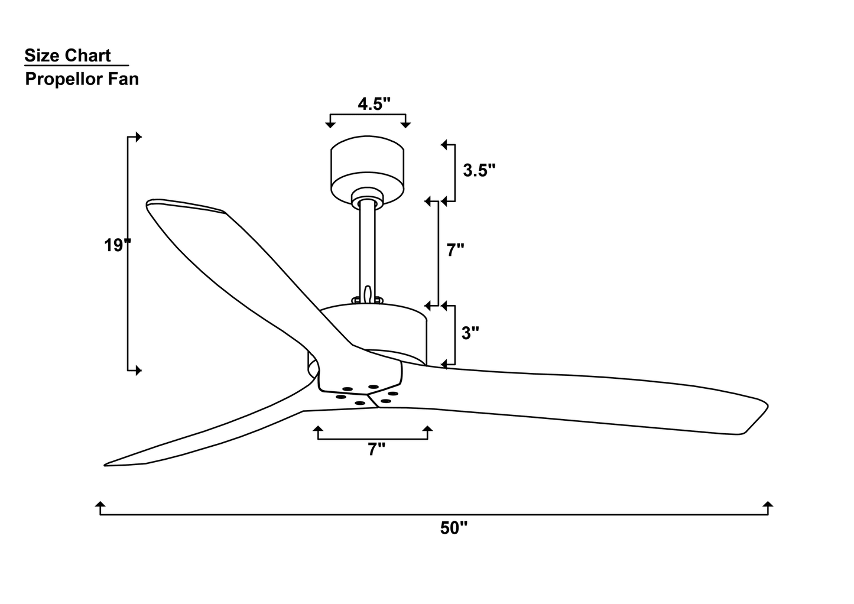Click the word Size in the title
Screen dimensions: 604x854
pos(42,56)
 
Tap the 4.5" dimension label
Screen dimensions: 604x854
pos(374,104)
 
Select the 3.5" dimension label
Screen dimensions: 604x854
pos(479,171)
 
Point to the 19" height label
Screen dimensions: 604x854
pos(117,246)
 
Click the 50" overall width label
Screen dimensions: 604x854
pos(453,529)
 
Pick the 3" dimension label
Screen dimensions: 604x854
pos(470,333)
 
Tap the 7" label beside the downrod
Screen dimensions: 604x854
pos(455,251)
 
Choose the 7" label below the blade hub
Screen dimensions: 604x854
pos(376,450)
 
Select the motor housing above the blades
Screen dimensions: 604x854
pos(378,331)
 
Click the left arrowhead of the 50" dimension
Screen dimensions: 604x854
pos(100,505)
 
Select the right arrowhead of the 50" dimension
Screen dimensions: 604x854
pos(768,505)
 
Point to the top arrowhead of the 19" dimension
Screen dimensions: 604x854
pos(139,137)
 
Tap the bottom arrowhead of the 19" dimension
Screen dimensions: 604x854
pos(139,371)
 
